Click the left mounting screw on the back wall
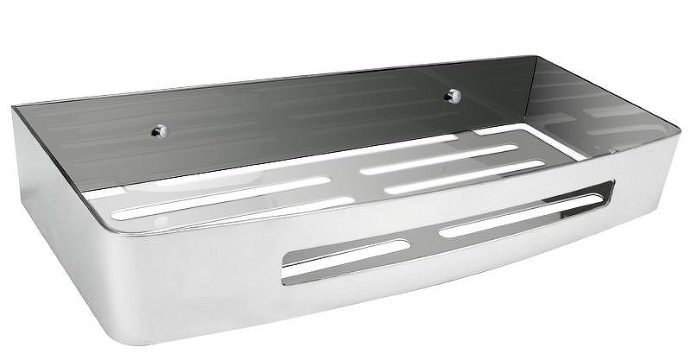pos(161,130)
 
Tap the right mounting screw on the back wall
pos(450,97)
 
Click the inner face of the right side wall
pos(596,104)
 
